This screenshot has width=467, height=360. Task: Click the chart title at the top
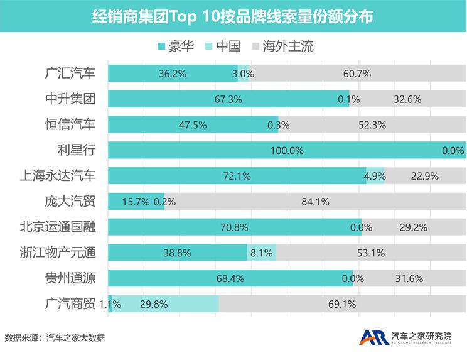coord(233,16)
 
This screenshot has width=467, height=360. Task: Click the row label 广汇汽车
coord(71,73)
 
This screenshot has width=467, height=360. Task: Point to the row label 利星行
coord(77,150)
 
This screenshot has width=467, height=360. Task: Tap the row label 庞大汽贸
coord(71,202)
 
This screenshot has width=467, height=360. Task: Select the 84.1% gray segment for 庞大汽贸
coord(315,202)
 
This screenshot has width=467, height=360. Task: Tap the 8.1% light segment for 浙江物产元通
coord(262,253)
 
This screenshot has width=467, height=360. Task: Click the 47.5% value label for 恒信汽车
coord(192,124)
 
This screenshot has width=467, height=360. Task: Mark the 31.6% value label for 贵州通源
coord(409,278)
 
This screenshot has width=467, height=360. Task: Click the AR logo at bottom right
coord(374,337)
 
